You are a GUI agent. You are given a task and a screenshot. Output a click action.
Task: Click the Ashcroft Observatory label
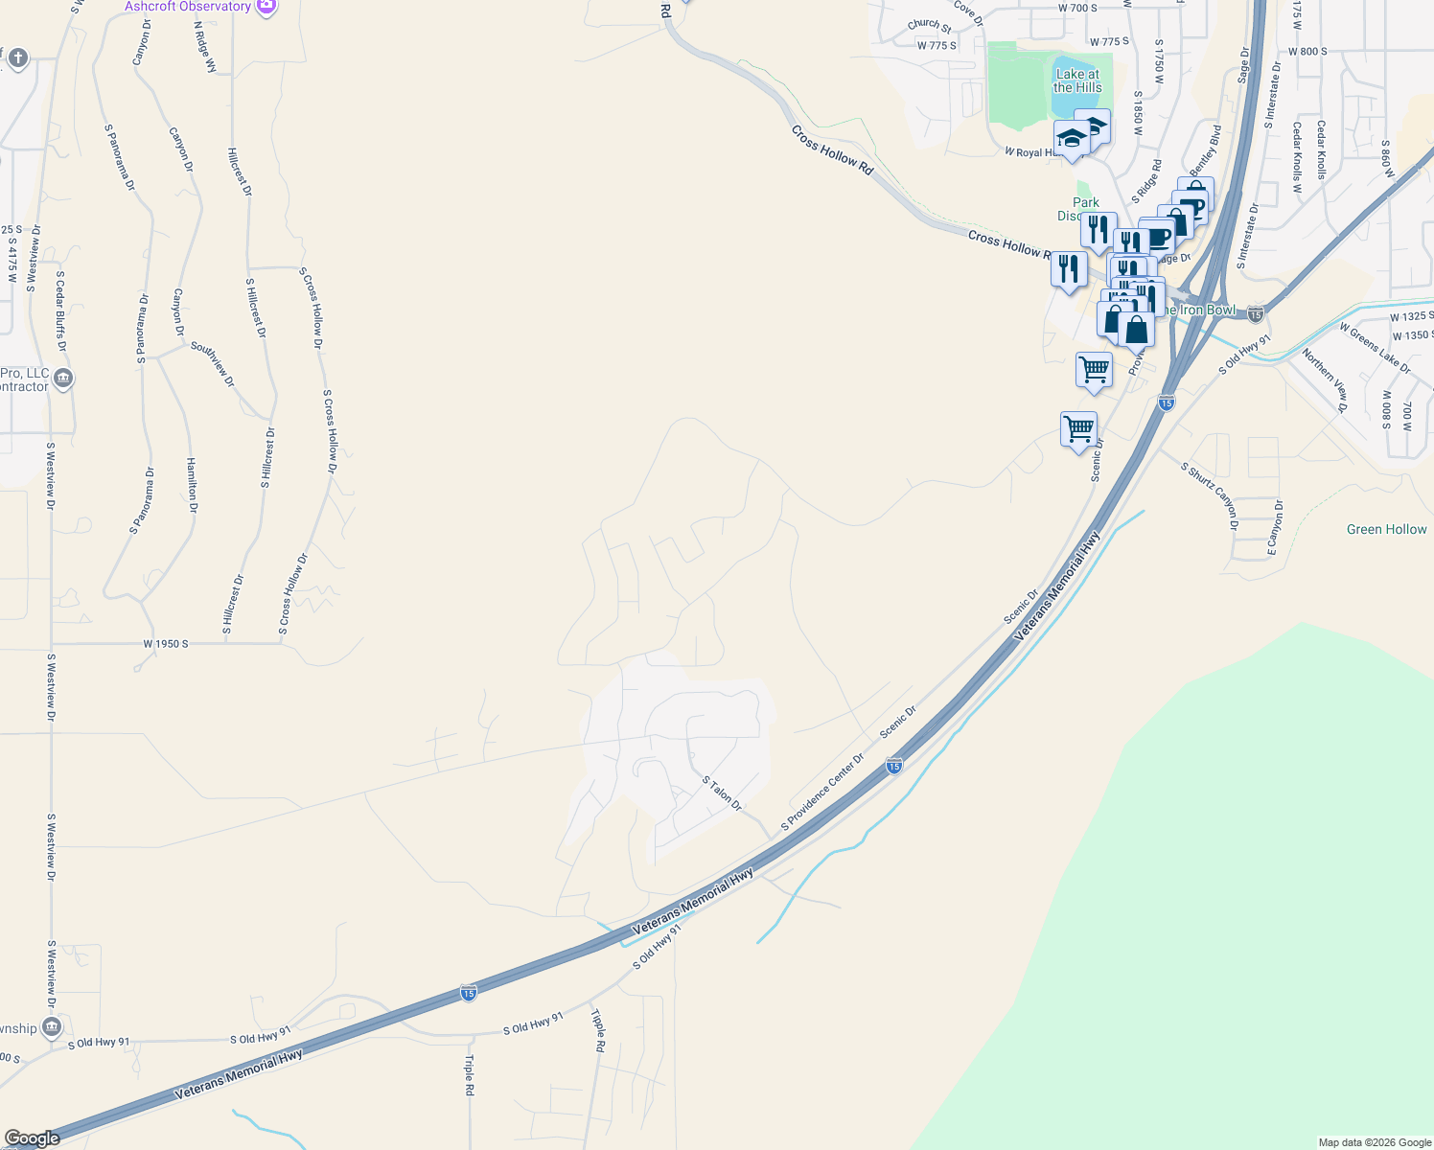coord(188,7)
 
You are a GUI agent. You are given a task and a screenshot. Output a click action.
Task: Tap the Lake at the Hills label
coord(1077,80)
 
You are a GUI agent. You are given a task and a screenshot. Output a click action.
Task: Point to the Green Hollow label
coord(1386,529)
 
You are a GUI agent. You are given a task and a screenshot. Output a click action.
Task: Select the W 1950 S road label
coord(166,644)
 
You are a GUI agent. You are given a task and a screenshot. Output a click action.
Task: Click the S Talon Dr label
coord(722,793)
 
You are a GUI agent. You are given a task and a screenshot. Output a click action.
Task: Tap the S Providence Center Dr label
coord(822,792)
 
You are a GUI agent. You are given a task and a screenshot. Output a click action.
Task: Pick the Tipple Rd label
coord(598,1030)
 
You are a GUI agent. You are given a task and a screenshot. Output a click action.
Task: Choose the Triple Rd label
coord(470,1075)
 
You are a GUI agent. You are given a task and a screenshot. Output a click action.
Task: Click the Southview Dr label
coord(212,364)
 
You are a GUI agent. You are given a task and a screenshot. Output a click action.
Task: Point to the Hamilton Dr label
coord(192,485)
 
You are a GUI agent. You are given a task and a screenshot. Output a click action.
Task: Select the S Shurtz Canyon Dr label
coord(1210,495)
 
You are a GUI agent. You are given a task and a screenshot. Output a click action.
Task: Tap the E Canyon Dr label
coord(1274,527)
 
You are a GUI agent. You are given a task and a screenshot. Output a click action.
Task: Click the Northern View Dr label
coord(1325,380)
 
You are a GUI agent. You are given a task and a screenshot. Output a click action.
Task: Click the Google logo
coord(32,1138)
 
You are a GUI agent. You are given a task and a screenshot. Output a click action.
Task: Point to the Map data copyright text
coord(1375,1142)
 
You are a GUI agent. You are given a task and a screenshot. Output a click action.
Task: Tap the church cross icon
coord(16,59)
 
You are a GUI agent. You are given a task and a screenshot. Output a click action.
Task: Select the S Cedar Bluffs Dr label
coord(60,311)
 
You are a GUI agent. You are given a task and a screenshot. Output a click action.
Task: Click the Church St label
coord(929,25)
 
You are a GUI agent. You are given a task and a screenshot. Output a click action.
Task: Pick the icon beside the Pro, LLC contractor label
coord(63,379)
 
